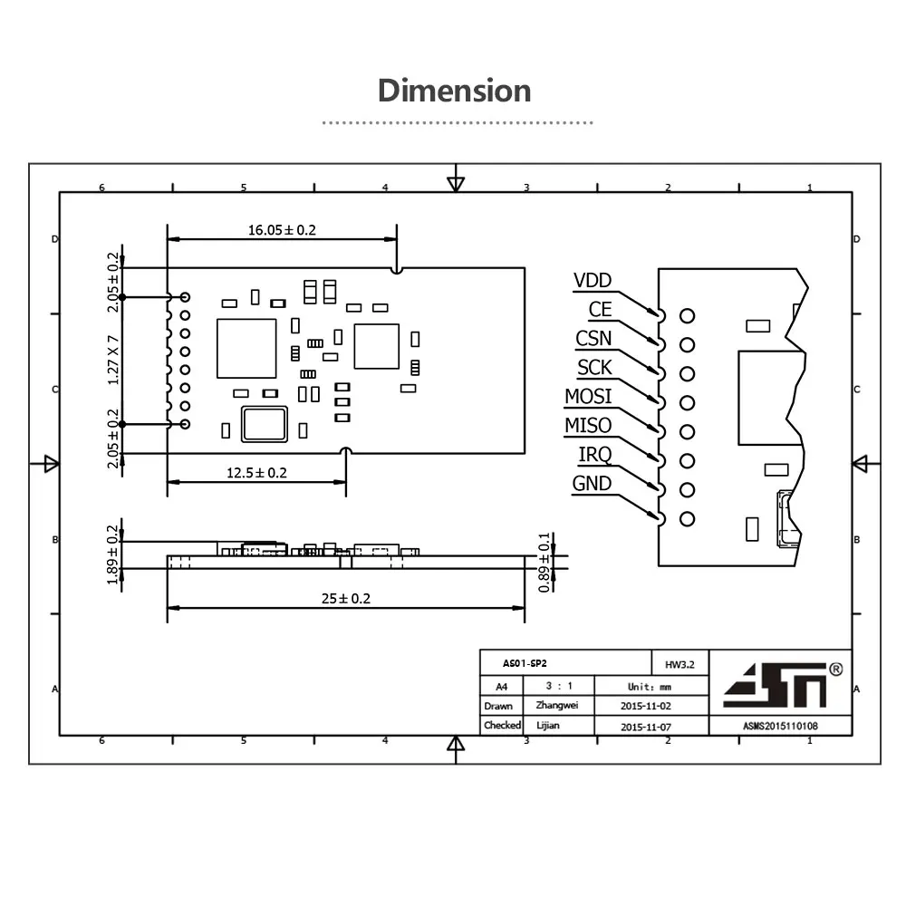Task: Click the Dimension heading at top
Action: click(x=454, y=91)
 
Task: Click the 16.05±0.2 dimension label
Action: click(x=282, y=230)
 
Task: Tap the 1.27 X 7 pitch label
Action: click(x=113, y=361)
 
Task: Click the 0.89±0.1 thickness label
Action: click(x=545, y=563)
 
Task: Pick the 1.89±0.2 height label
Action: click(x=113, y=555)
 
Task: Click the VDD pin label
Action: click(x=593, y=281)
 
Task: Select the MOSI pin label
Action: click(x=588, y=397)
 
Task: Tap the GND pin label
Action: click(x=592, y=484)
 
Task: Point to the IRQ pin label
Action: click(x=594, y=455)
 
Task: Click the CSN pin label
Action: click(x=593, y=339)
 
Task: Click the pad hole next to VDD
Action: click(x=687, y=316)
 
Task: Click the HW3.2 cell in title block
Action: click(x=679, y=664)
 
